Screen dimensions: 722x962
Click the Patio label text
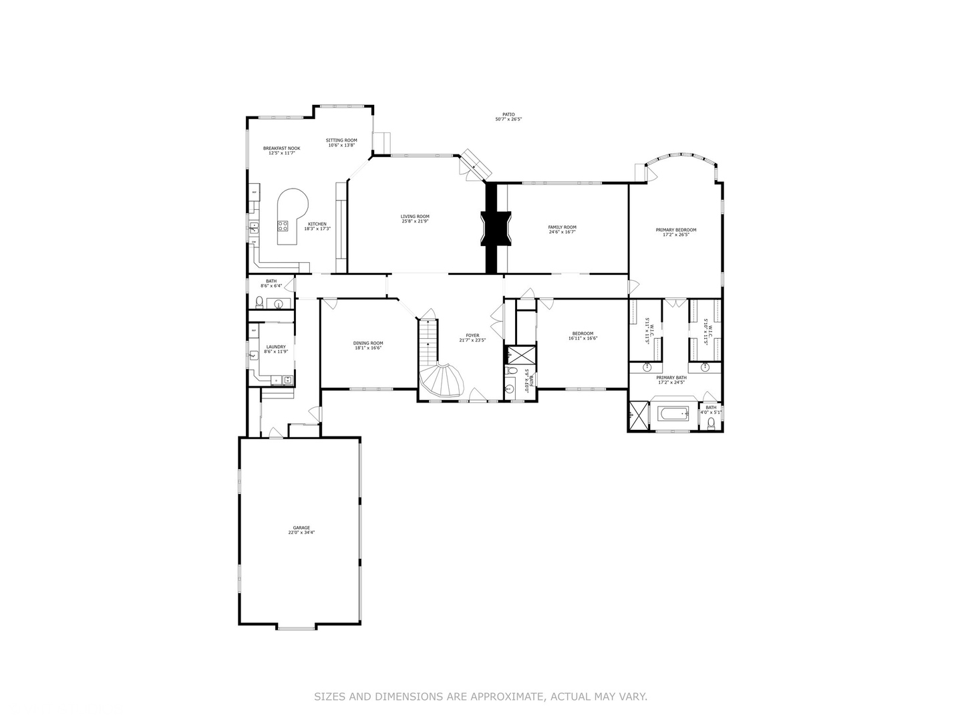[508, 114]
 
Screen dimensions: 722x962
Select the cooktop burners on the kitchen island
[283, 226]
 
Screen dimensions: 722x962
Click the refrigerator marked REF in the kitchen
[255, 193]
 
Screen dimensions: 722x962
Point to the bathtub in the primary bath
[673, 414]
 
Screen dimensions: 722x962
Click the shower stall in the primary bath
[638, 415]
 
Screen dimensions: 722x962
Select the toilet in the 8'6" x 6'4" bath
[259, 302]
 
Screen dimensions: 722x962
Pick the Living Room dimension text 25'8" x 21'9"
[415, 221]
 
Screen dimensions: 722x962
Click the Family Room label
[563, 227]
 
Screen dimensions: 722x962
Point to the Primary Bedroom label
[675, 229]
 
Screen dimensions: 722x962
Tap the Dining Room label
[368, 343]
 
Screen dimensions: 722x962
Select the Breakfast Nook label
[281, 148]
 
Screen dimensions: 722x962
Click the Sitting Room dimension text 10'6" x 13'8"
[341, 145]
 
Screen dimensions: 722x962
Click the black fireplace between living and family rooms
[495, 228]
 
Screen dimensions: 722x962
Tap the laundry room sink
[255, 356]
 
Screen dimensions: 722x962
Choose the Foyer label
[472, 335]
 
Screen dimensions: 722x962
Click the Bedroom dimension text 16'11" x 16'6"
[583, 338]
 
